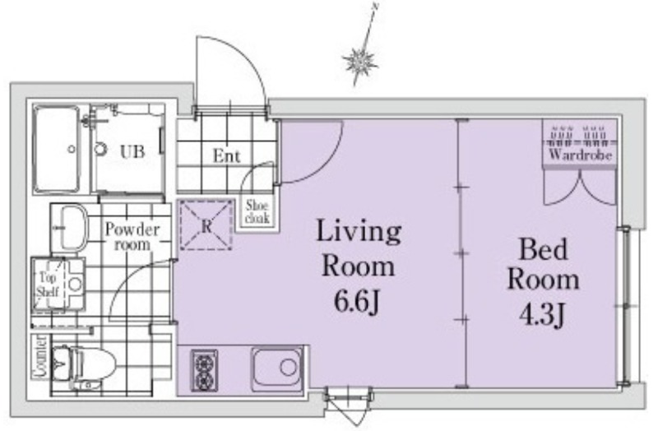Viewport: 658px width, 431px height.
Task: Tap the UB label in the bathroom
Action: click(132, 151)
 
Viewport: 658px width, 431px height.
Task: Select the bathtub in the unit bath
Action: click(56, 150)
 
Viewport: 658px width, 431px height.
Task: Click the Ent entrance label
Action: click(227, 156)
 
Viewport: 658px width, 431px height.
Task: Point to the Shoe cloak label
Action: click(257, 211)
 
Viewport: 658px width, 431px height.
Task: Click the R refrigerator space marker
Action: click(206, 226)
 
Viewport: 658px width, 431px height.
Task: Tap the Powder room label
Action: click(132, 237)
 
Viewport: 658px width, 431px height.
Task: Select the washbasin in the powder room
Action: click(72, 228)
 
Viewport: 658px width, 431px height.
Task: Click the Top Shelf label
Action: click(48, 285)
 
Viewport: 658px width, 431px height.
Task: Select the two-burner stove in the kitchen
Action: click(204, 371)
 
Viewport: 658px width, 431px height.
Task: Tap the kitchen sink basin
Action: click(277, 368)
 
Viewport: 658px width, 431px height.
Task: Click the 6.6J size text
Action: click(358, 300)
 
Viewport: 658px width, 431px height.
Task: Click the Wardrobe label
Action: click(580, 155)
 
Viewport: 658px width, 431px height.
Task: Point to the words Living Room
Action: click(359, 248)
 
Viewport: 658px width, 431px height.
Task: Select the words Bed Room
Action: click(544, 264)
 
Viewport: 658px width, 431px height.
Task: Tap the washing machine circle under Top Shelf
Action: click(75, 284)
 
